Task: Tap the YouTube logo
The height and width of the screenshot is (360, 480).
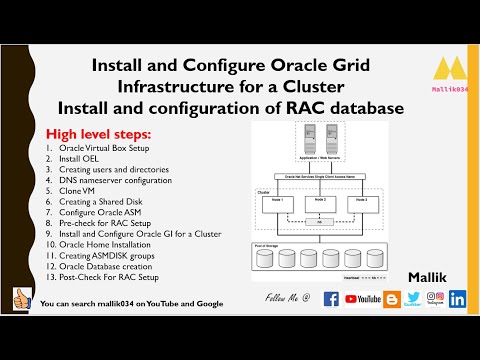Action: [x=361, y=298]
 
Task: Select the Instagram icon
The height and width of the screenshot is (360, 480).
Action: [x=435, y=296]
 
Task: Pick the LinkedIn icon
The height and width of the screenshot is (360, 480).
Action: [x=458, y=298]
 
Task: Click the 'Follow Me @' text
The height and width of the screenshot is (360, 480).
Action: [x=286, y=299]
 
